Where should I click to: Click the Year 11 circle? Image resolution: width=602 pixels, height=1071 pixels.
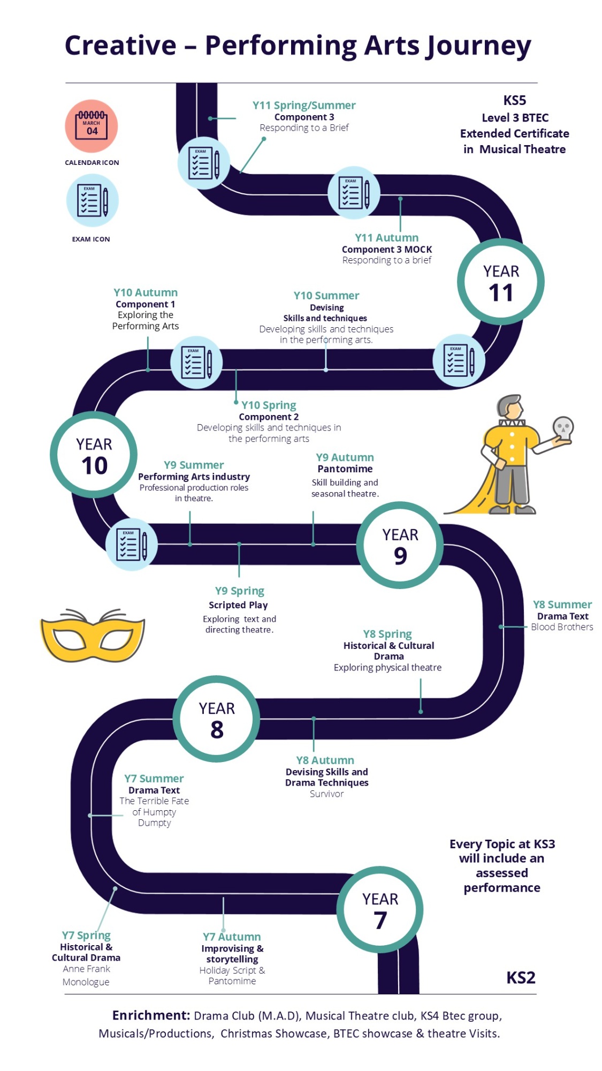(500, 282)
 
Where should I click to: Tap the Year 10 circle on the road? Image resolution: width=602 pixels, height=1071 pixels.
(94, 455)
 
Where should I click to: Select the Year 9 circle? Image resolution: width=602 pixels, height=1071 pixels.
(400, 545)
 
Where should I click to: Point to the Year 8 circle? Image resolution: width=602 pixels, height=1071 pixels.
(216, 719)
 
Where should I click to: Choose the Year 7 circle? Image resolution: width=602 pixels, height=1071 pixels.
(380, 909)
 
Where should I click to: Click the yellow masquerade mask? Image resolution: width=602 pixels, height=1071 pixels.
(93, 635)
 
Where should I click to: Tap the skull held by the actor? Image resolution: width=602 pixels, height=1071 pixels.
(563, 427)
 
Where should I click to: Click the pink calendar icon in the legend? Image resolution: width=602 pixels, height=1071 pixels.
(92, 126)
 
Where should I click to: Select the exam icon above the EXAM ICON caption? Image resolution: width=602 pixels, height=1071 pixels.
(92, 200)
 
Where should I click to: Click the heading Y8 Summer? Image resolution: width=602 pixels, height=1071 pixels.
(562, 605)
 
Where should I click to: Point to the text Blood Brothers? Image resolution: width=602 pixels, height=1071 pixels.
(562, 627)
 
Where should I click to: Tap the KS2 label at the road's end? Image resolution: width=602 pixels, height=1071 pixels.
(521, 978)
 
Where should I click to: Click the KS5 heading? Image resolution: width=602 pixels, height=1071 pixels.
(515, 100)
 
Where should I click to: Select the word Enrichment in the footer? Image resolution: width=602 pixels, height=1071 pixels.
(151, 1015)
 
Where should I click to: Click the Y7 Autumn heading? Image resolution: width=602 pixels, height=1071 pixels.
(232, 937)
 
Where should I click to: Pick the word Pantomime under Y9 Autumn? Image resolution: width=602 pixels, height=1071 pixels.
(345, 469)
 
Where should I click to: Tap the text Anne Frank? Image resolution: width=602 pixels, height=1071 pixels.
(86, 969)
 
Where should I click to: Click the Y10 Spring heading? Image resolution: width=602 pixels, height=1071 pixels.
(269, 405)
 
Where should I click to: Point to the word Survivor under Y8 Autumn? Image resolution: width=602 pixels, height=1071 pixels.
(326, 794)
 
